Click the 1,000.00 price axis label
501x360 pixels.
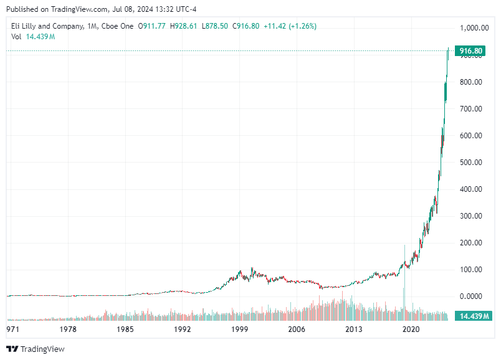point(474,28)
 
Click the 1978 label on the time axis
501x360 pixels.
point(68,329)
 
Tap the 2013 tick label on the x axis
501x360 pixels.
point(354,329)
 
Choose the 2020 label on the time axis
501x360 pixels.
point(411,329)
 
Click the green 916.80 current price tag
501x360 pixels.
point(470,51)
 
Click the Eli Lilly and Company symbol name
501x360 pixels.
point(47,26)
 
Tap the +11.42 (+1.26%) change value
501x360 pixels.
point(290,26)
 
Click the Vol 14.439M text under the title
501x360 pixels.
point(33,37)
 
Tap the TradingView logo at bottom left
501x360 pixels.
point(36,349)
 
